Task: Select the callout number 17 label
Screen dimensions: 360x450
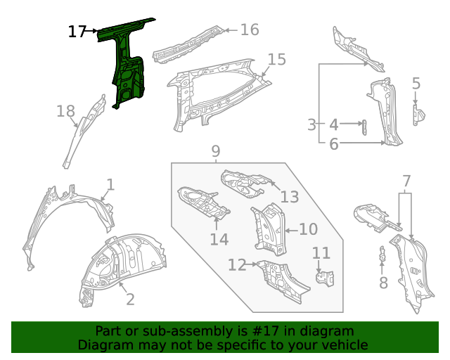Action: point(77,32)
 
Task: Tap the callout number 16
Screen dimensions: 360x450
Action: point(250,30)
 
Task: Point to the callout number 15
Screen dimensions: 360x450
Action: point(277,60)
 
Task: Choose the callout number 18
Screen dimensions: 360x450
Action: point(65,111)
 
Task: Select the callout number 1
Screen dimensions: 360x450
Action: point(110,185)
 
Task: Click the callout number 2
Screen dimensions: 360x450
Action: point(130,300)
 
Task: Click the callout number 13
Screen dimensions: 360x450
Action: point(290,197)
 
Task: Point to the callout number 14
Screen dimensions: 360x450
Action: point(219,240)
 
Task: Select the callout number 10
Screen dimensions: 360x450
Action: point(309,229)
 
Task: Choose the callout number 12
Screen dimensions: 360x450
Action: point(237,264)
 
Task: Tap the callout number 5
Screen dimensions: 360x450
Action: point(416,84)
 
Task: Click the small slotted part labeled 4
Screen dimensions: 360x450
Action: point(364,127)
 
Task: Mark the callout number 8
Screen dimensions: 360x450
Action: point(383,283)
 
